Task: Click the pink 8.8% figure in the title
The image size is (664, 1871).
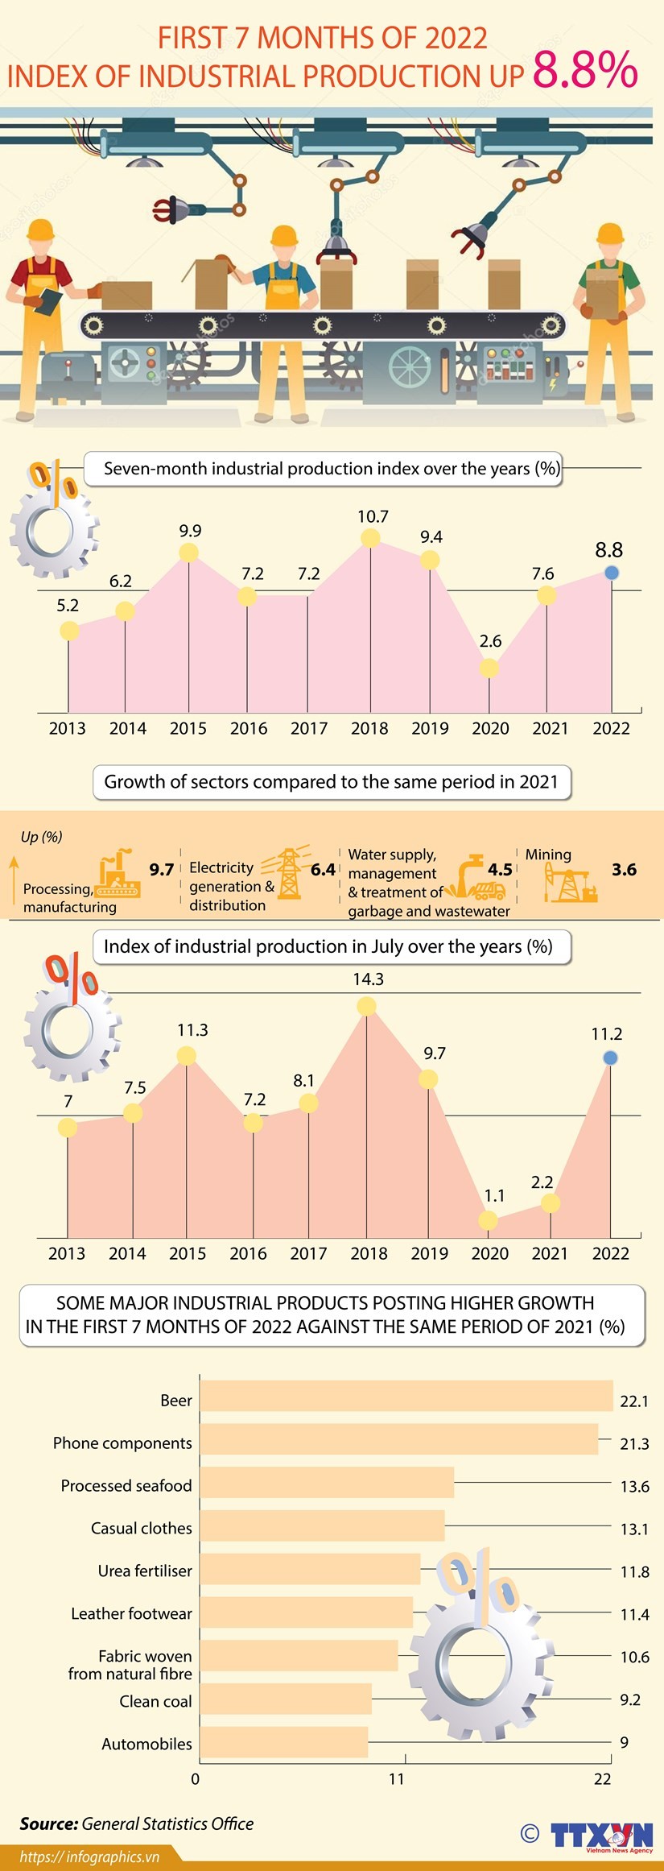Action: tap(585, 70)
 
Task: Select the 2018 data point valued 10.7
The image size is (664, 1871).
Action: tap(370, 538)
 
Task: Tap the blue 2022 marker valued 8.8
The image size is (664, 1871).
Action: tap(612, 573)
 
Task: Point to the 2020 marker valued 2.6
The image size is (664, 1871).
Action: tap(489, 668)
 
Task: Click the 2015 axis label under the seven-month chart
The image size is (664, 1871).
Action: tap(188, 728)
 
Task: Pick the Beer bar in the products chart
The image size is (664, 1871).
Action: tap(406, 1396)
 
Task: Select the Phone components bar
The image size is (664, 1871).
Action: tap(399, 1438)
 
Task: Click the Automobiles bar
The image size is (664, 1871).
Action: tap(284, 1742)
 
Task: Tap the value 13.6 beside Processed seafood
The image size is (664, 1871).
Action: tap(634, 1486)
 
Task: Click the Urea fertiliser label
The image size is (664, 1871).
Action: tap(145, 1571)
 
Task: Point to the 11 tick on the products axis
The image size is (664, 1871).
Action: tap(397, 1779)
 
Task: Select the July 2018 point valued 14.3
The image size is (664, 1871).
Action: tap(366, 1006)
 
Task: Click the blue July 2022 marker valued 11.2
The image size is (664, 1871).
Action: tap(611, 1058)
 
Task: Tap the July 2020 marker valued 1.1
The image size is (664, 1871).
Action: tap(488, 1220)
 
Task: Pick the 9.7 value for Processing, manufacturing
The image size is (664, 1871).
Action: tap(161, 869)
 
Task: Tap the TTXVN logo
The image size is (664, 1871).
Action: tap(601, 1836)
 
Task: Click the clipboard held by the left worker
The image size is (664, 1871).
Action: tap(50, 301)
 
